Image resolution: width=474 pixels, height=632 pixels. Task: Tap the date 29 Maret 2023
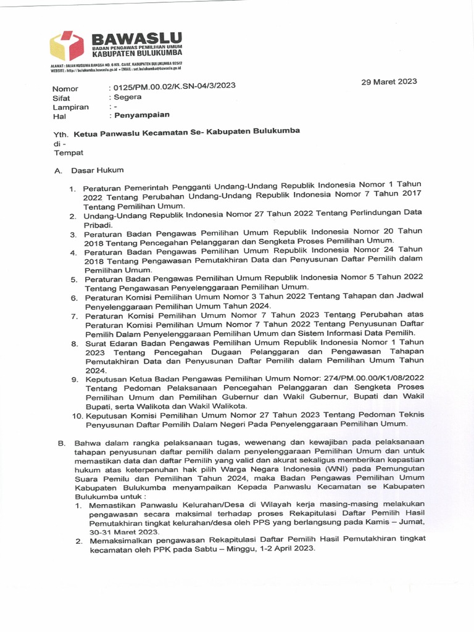click(x=389, y=81)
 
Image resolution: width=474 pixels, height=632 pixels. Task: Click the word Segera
click(x=127, y=97)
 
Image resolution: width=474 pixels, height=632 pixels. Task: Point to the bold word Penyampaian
click(x=141, y=115)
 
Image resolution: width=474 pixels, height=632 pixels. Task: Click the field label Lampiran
click(x=70, y=107)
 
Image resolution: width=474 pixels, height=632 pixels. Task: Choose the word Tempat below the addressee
click(x=69, y=152)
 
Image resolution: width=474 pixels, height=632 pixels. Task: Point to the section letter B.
click(x=61, y=443)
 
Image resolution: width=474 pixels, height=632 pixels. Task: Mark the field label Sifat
click(x=61, y=98)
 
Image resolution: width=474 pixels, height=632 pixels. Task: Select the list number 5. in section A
click(x=73, y=280)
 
